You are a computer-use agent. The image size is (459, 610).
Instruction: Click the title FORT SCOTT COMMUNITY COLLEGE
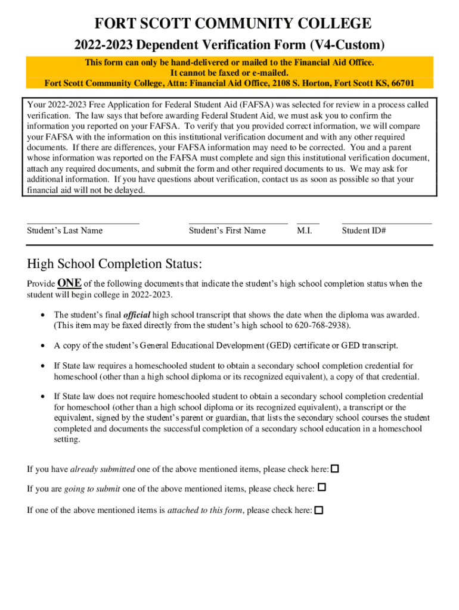click(233, 24)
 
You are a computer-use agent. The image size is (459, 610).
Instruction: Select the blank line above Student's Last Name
click(83, 222)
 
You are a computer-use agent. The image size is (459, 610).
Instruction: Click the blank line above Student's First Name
click(238, 222)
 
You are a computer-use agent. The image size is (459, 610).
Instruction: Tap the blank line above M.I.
click(308, 222)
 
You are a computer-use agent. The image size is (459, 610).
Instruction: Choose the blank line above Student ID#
click(386, 222)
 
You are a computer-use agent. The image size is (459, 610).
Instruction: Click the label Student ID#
click(364, 231)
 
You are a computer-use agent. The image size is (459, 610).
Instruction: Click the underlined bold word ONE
click(69, 283)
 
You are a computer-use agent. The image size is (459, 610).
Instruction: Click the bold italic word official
click(137, 315)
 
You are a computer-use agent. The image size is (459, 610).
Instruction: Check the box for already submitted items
click(335, 469)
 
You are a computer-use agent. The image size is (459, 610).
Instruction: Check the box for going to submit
click(322, 487)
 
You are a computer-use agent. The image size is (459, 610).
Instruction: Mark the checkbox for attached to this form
click(319, 511)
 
